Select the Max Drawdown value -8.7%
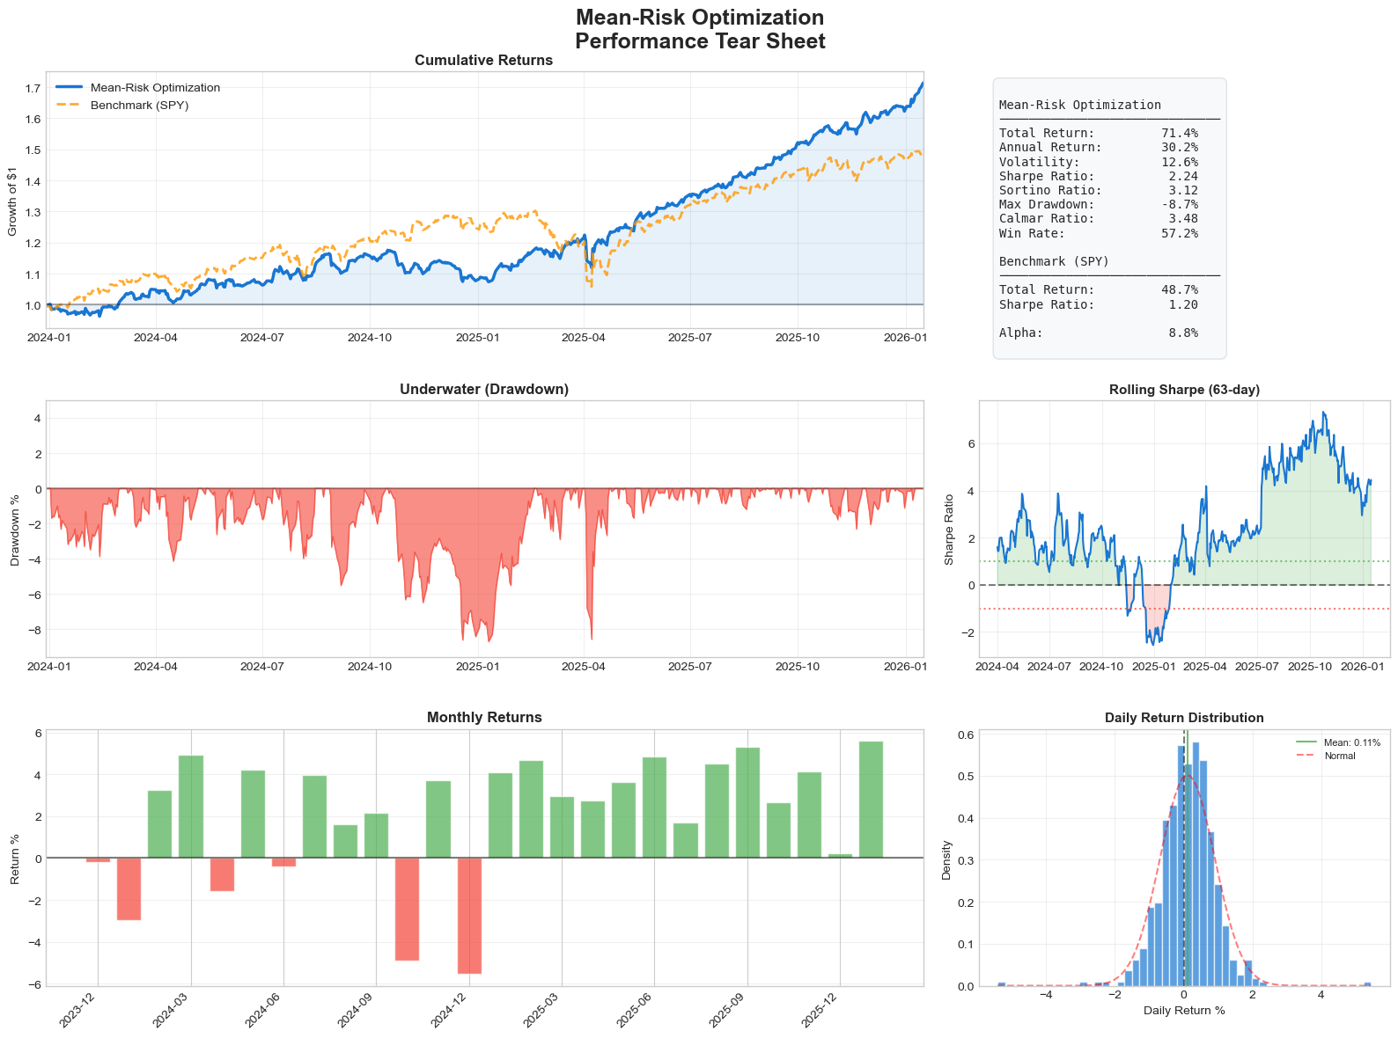point(1180,204)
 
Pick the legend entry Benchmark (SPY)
point(139,105)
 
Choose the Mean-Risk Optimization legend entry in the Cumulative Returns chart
point(155,87)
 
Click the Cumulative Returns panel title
point(483,61)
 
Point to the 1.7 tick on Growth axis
point(33,88)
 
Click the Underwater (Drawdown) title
point(483,389)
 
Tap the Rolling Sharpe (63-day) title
point(1184,389)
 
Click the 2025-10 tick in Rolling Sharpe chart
point(1310,667)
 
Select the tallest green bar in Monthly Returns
point(871,800)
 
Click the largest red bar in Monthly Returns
point(469,916)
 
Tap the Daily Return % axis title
point(1184,1011)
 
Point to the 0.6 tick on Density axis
point(965,735)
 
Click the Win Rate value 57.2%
point(1180,233)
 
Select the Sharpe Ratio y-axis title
point(949,529)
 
